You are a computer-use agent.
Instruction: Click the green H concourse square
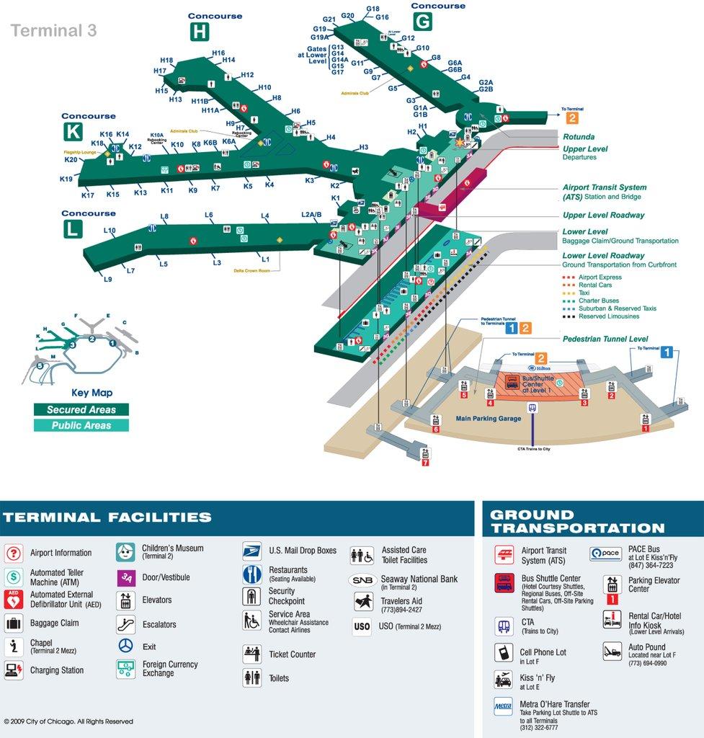(x=200, y=32)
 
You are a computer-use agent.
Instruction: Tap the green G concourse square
(x=422, y=22)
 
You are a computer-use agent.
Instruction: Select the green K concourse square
(x=73, y=131)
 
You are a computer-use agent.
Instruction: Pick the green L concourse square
(x=73, y=228)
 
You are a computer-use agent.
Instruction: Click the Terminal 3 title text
(x=53, y=30)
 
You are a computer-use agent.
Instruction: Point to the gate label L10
(x=110, y=231)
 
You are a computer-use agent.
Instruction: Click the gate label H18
(x=167, y=61)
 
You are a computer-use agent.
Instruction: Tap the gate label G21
(x=329, y=19)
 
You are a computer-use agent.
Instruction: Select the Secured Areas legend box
(x=81, y=409)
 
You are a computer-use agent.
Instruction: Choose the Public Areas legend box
(x=81, y=425)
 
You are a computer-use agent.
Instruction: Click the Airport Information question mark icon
(x=14, y=553)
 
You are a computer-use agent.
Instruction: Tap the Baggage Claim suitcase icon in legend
(x=14, y=623)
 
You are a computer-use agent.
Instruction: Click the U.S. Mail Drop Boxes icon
(x=251, y=551)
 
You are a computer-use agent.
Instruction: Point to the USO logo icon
(x=362, y=626)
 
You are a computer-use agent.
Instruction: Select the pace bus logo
(x=605, y=553)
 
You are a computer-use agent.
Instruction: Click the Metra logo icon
(x=503, y=707)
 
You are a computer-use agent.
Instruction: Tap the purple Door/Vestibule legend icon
(x=126, y=577)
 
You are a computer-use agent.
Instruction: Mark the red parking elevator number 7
(x=425, y=463)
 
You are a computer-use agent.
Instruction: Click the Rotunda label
(x=579, y=137)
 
